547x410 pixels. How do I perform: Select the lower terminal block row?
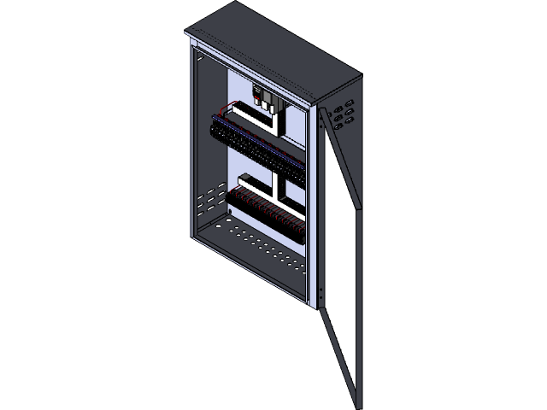[x=265, y=212]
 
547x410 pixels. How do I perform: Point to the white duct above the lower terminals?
[x=256, y=184]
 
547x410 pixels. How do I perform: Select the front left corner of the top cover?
[x=187, y=35]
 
